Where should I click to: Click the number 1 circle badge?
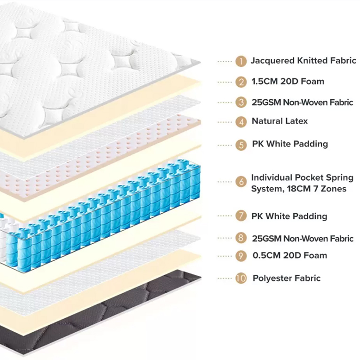pos(241,61)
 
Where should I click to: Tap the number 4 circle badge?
pos(241,122)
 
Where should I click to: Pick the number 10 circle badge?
pos(241,278)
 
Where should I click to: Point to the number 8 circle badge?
pos(241,239)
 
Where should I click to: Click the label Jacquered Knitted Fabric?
pos(303,61)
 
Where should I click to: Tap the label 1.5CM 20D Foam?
pos(288,81)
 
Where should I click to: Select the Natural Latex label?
pos(280,121)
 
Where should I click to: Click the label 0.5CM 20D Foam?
pos(289,256)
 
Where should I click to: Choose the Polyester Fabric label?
pos(286,278)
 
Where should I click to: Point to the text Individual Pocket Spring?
pos(302,177)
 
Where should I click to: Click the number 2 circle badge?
pos(241,82)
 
